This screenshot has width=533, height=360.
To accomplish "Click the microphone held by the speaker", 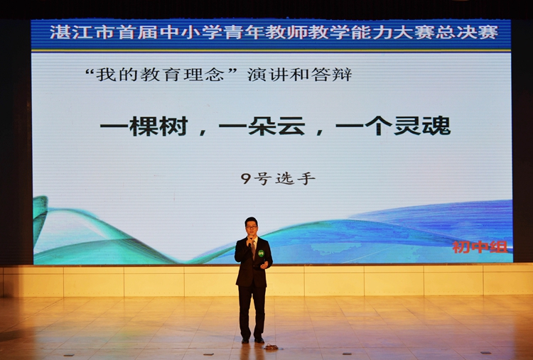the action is [x=251, y=241].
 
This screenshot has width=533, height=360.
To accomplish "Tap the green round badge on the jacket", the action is [x=261, y=253].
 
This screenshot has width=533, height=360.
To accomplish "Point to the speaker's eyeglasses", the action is [x=252, y=227].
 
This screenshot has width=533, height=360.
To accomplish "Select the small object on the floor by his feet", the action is [x=271, y=347].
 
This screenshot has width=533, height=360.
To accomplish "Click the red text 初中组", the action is [x=480, y=247].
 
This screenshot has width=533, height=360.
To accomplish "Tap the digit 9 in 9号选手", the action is [x=245, y=178].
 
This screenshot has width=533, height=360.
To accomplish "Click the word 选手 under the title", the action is [x=296, y=178].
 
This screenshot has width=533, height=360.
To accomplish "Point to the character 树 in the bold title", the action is [x=173, y=126].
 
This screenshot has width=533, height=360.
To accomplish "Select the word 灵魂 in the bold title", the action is [x=422, y=126].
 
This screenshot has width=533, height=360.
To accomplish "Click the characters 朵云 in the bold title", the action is [x=276, y=126].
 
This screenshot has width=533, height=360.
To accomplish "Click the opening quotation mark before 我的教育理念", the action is [x=90, y=71].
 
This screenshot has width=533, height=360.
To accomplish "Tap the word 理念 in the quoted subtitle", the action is [x=204, y=75].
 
